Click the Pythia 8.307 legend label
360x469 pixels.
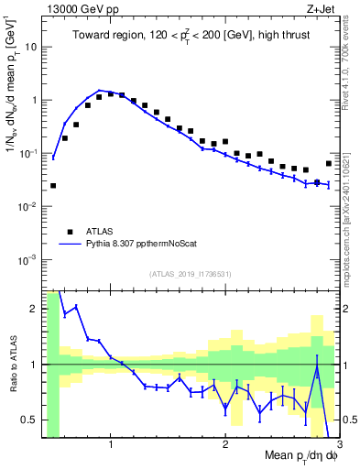point(140,245)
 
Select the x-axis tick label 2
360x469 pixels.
point(225,446)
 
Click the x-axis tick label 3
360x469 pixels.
point(339,446)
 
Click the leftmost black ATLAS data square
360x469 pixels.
point(53,185)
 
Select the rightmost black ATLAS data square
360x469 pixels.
point(329,163)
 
